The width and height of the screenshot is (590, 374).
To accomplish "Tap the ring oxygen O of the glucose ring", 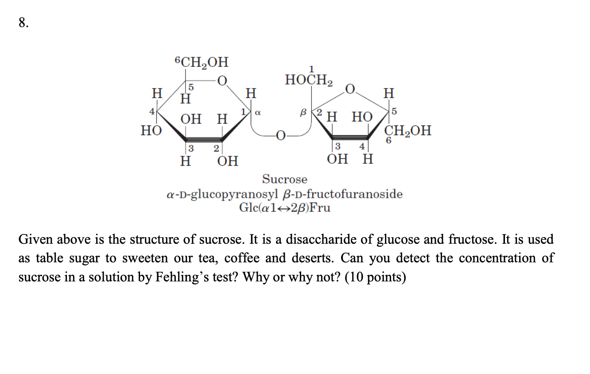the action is (222, 81).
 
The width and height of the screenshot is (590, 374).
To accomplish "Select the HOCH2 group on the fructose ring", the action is (309, 80).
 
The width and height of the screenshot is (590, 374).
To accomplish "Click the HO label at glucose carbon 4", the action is (151, 131).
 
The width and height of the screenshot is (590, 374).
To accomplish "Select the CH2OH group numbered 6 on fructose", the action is (408, 131).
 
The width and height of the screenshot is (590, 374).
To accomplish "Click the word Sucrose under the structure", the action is (284, 179).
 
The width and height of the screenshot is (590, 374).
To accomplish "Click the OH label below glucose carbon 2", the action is (228, 160).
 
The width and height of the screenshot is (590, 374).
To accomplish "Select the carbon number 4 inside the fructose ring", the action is (362, 147).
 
